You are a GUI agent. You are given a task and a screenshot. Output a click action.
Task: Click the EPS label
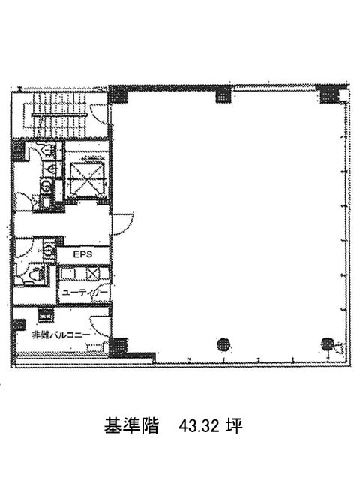coord(82,254)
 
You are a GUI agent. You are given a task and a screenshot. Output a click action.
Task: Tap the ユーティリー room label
coord(85,292)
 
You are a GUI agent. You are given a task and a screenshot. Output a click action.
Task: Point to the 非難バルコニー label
coord(61,334)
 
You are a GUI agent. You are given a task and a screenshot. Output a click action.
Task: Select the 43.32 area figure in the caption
coord(199,425)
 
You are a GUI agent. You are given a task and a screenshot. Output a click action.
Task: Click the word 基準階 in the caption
coord(131,425)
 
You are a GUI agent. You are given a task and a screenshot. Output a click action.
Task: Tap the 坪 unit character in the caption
coord(235,425)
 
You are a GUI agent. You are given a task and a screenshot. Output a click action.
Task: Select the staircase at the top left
coord(59,115)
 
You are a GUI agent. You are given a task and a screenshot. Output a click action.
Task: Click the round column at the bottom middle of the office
coord(223,345)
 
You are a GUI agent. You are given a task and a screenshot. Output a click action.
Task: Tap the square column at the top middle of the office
coord(223,94)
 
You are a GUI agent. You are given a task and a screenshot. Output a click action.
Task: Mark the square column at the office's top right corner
coord(328,94)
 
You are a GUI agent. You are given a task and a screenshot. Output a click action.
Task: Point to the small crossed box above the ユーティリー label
coord(93,273)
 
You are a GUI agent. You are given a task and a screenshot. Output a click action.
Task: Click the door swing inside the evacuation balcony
coord(100,325)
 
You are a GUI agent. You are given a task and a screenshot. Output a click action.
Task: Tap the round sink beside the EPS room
coord(48,251)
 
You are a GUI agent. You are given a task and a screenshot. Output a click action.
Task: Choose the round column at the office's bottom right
coord(327,344)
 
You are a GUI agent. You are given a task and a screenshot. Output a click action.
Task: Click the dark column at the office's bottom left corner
coord(118,346)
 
